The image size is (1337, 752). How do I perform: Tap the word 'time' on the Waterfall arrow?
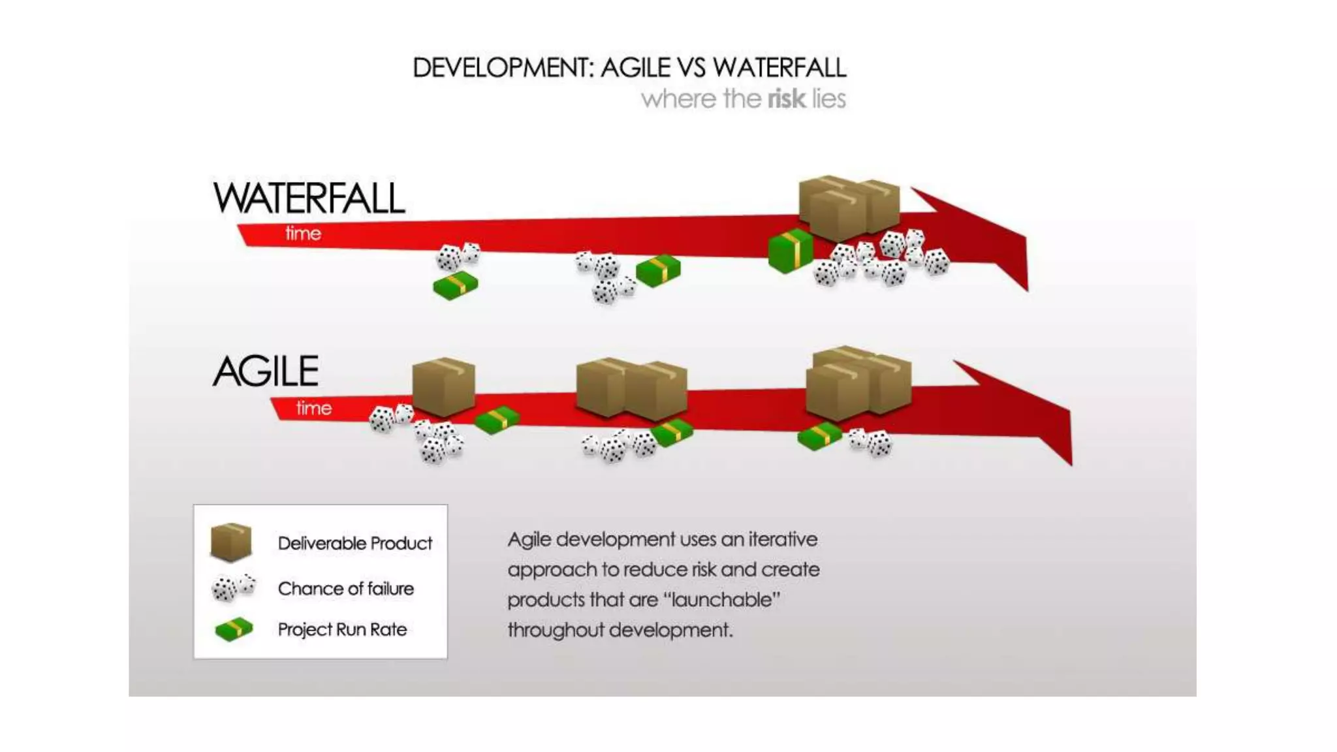click(x=303, y=234)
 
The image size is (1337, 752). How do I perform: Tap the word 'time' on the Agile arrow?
click(x=314, y=409)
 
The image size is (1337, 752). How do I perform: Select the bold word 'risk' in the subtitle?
click(x=787, y=99)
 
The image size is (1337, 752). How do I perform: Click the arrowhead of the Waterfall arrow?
click(x=979, y=235)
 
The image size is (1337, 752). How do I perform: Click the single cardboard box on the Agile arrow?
click(x=444, y=386)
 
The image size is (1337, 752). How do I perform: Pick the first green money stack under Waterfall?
click(x=456, y=285)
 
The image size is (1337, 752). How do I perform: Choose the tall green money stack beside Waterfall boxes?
click(x=791, y=250)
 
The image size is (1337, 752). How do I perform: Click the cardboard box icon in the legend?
click(x=231, y=542)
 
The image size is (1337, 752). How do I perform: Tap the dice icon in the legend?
click(x=232, y=587)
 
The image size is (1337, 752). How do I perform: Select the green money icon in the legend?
click(x=234, y=629)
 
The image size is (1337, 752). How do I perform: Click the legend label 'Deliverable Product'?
click(x=354, y=543)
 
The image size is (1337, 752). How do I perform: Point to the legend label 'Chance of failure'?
click(x=345, y=589)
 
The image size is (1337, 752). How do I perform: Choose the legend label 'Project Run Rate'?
click(x=342, y=630)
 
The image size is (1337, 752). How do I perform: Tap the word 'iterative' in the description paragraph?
click(x=783, y=540)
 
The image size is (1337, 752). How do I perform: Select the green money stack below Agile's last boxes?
click(x=819, y=436)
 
